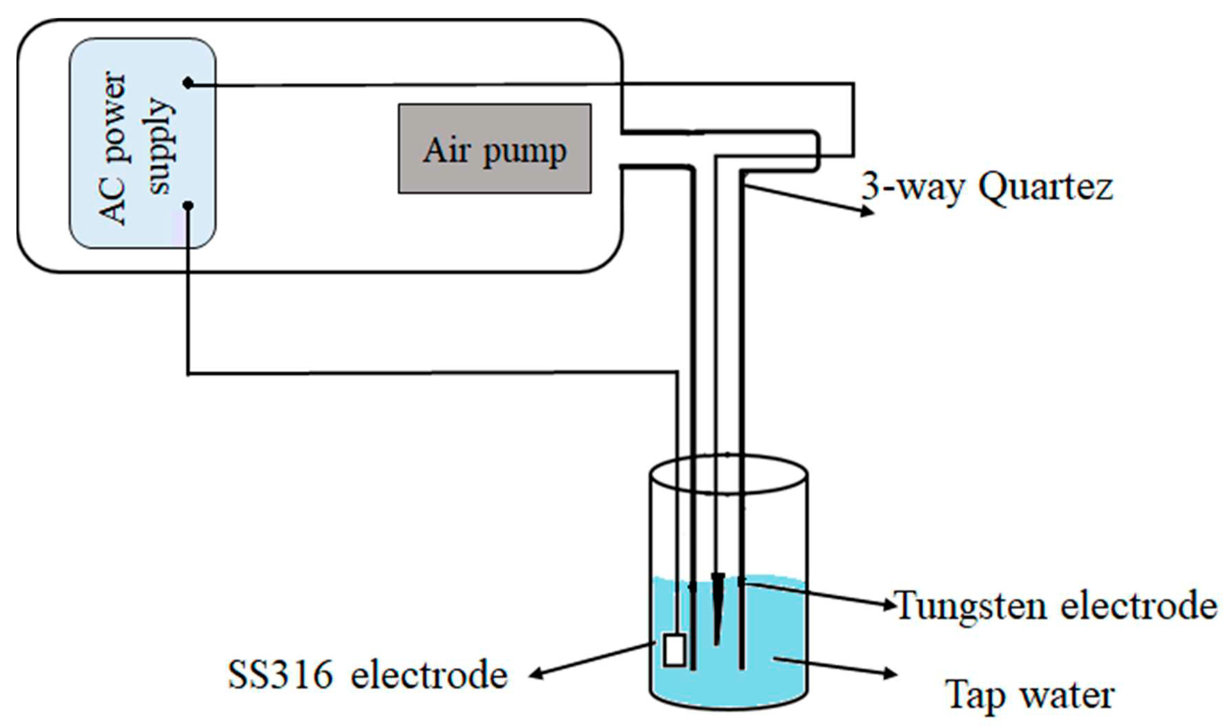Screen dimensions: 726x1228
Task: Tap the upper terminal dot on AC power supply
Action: coord(188,83)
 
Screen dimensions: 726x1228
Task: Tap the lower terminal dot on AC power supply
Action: coord(188,206)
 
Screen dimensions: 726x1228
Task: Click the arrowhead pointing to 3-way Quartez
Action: coord(867,211)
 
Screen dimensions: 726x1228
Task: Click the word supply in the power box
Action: coord(161,147)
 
